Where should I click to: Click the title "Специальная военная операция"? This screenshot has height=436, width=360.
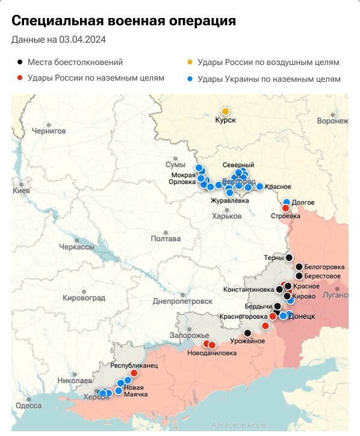(x=123, y=21)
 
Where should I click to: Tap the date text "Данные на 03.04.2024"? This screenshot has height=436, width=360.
(x=59, y=40)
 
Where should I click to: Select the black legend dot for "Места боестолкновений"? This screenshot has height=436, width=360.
(x=20, y=62)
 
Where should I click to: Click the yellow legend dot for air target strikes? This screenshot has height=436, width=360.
(x=190, y=62)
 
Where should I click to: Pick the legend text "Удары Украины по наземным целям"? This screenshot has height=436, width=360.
(x=268, y=79)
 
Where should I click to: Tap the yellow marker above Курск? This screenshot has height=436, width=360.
(x=226, y=111)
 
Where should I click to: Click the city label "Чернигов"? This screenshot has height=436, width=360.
(x=48, y=130)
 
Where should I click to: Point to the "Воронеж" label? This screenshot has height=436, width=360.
(x=332, y=121)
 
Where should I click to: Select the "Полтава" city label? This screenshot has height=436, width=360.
(x=166, y=239)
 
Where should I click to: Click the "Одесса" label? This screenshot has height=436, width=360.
(x=28, y=405)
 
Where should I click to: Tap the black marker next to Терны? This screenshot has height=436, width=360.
(x=289, y=257)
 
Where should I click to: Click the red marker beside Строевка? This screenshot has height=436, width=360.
(x=285, y=208)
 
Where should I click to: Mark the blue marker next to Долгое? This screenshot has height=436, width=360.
(x=287, y=202)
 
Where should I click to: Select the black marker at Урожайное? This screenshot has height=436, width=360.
(x=247, y=333)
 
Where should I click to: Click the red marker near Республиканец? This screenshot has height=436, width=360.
(x=134, y=373)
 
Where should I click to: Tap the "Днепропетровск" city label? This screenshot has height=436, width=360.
(x=183, y=301)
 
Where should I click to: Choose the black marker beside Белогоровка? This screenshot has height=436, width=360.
(x=299, y=266)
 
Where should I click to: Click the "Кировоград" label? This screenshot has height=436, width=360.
(x=84, y=298)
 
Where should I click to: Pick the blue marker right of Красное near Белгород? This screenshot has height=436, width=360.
(x=259, y=186)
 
